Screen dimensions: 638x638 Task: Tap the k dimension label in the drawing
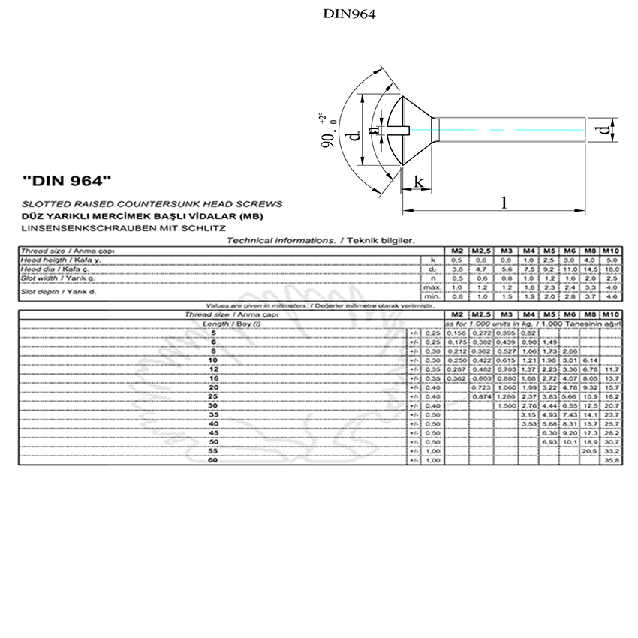point(419,182)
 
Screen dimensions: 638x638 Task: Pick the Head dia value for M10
point(611,269)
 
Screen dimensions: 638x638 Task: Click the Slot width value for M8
point(590,278)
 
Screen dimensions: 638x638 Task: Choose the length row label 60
point(213,461)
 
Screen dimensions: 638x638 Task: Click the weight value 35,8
point(611,461)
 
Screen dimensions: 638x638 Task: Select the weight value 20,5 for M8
point(590,452)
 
